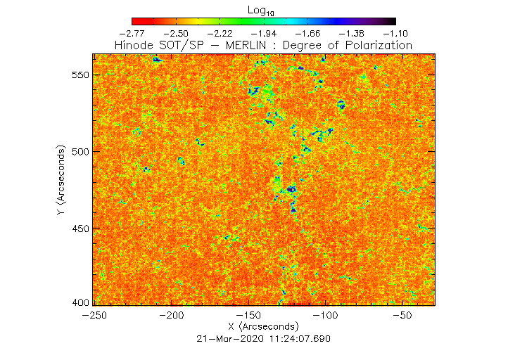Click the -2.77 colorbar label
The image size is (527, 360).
point(132,33)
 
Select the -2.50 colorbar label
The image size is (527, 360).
point(176,33)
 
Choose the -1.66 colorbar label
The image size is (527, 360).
point(307,33)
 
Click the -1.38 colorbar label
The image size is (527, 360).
point(351,33)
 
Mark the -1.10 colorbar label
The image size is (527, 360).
point(395,33)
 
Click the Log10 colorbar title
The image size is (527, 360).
point(261,10)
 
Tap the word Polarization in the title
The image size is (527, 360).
point(378,45)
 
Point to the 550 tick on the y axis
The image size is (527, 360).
point(78,75)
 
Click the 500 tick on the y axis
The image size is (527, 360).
point(78,152)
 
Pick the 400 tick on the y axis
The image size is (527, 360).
point(78,302)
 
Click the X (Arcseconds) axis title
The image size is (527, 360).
point(263,327)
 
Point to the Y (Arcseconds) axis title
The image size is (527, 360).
point(63,181)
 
